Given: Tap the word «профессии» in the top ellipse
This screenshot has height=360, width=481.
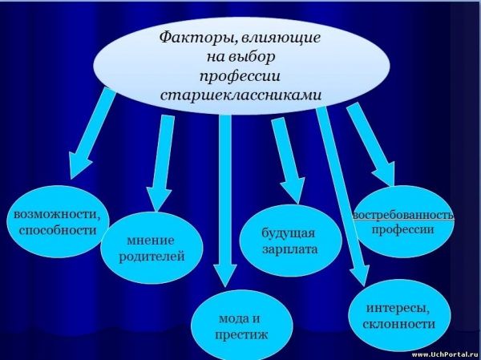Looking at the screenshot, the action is click(x=240, y=76).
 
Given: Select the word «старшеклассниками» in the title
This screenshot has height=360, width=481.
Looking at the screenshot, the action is click(x=241, y=95).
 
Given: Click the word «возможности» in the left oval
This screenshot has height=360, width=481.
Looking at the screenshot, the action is click(x=58, y=214).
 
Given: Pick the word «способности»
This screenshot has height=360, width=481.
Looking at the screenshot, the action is click(x=58, y=230).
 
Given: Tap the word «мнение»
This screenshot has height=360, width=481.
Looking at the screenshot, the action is click(x=151, y=240).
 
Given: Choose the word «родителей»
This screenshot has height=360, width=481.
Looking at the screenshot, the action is click(x=152, y=257).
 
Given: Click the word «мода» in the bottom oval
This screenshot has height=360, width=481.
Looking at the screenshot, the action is click(x=232, y=318).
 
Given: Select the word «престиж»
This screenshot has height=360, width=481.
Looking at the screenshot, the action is click(x=241, y=334).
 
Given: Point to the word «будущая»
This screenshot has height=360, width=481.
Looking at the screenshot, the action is click(x=289, y=233).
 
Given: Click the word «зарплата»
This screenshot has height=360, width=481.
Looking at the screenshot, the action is click(x=290, y=249).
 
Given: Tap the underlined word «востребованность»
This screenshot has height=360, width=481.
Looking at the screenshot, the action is click(x=403, y=215).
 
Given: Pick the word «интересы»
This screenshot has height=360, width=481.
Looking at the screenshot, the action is click(x=398, y=308).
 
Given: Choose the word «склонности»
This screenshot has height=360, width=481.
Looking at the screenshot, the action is click(x=398, y=324).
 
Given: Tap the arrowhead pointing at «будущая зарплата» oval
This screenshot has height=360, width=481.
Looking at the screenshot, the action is click(x=293, y=191).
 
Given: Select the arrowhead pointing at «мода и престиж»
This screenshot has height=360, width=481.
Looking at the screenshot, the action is click(x=225, y=275).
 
